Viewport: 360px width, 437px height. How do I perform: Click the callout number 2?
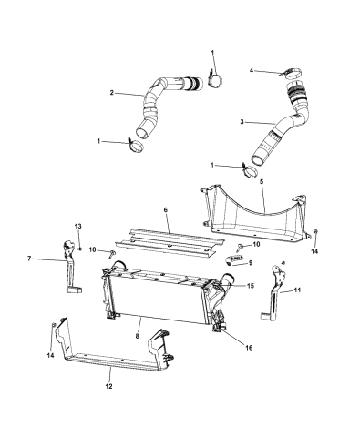click(x=112, y=92)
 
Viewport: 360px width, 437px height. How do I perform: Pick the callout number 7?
click(x=30, y=259)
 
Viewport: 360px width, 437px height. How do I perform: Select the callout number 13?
click(x=77, y=225)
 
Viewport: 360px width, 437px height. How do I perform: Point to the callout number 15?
click(x=250, y=287)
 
